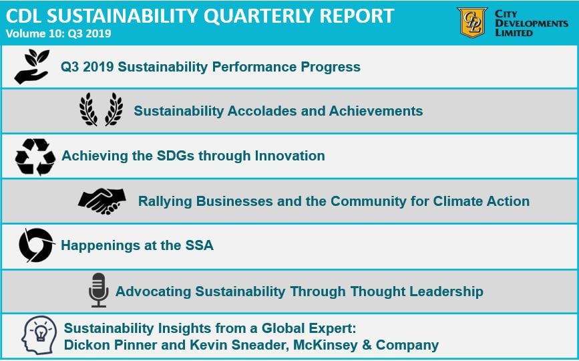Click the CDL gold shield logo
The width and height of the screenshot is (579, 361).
tap(472, 22)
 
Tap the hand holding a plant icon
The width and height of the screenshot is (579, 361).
tap(31, 67)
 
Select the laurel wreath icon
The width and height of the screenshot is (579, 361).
tap(101, 110)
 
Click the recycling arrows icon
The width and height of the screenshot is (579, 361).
tap(35, 156)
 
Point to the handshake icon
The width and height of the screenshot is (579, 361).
tap(102, 201)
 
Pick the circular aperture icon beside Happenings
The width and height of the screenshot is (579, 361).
tap(36, 245)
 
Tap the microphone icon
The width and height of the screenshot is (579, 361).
tap(98, 290)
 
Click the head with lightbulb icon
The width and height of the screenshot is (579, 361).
tap(39, 336)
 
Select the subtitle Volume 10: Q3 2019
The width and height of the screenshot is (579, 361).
tap(58, 33)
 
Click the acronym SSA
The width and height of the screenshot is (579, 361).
tap(198, 245)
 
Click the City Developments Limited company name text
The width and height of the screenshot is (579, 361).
tap(532, 23)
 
